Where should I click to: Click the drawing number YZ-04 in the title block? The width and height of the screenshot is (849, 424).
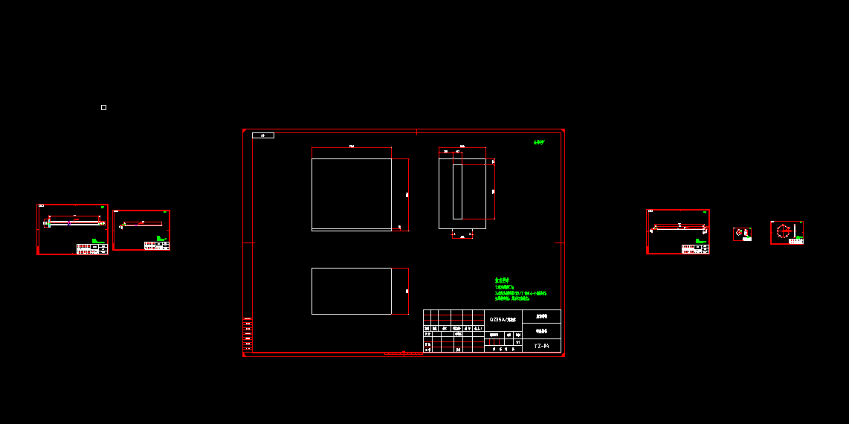tap(541, 346)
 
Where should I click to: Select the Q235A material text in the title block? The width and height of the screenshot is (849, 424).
tap(503, 319)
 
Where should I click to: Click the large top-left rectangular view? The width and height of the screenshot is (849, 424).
tap(351, 194)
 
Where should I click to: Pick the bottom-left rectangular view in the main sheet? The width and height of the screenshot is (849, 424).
tap(351, 291)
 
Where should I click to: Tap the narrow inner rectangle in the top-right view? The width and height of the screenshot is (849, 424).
tap(457, 192)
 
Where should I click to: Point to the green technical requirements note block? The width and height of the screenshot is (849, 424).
tap(520, 289)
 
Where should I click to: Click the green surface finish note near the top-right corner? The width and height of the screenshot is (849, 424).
tap(539, 142)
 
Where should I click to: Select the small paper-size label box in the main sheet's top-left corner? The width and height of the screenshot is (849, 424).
tap(263, 135)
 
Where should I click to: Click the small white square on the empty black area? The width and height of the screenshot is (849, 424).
tap(103, 108)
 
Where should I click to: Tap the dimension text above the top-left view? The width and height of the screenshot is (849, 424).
tap(351, 147)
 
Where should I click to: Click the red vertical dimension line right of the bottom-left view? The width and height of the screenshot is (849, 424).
tap(408, 291)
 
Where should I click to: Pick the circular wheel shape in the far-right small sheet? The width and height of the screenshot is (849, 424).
tap(783, 231)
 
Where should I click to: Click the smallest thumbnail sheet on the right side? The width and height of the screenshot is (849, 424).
tap(742, 234)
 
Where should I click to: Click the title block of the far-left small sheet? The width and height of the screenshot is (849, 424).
tap(91, 248)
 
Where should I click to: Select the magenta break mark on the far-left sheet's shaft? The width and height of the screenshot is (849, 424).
tap(68, 223)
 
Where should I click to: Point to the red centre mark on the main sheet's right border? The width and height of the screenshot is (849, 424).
tap(559, 242)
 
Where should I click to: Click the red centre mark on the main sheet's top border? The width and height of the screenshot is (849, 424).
tap(416, 132)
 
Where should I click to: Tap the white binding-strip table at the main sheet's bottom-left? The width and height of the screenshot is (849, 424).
tap(248, 334)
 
